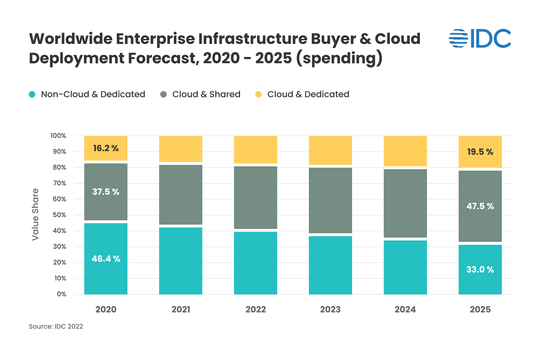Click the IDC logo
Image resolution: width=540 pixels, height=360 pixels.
(480, 39)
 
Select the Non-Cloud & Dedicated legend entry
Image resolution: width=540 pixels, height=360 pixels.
(87, 94)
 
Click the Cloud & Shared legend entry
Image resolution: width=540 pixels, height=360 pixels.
(200, 94)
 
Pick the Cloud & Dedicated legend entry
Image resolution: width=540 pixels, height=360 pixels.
(302, 94)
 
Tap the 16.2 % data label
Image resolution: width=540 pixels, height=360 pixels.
(106, 148)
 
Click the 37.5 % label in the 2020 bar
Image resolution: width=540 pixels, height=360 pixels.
(106, 192)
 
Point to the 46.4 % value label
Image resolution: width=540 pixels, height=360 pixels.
(106, 259)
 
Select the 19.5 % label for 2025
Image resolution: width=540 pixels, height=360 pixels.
(480, 152)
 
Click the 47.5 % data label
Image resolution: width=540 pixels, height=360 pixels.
(480, 206)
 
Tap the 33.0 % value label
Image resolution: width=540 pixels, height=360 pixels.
(480, 270)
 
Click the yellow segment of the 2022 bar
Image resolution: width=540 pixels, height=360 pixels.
(256, 149)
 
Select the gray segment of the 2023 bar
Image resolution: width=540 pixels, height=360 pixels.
(330, 201)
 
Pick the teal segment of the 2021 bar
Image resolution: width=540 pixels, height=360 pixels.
(181, 261)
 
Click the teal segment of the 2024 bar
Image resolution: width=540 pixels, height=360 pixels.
(405, 267)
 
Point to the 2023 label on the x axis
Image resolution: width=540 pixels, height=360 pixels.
(330, 310)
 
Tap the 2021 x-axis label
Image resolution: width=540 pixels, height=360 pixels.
(181, 310)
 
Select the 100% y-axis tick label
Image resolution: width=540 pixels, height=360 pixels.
(58, 136)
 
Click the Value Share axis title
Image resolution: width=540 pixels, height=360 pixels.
(35, 215)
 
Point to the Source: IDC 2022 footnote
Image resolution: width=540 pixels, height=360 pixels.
(56, 327)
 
